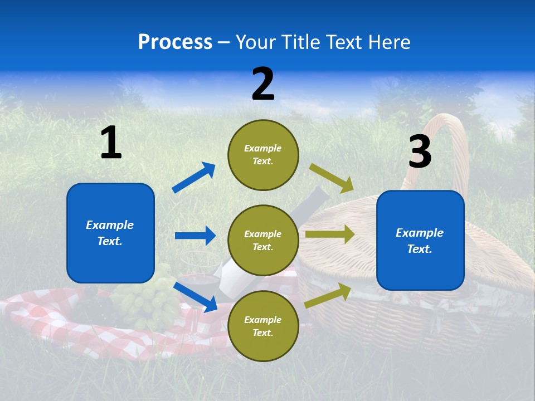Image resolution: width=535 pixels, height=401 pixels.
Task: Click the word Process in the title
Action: pos(175,42)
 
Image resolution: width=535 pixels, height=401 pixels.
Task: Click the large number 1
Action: pos(111,143)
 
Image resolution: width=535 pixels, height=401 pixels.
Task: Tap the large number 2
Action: pos(263,84)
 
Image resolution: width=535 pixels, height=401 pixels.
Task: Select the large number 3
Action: pos(420,152)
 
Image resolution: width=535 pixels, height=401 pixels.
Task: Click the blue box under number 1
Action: pos(110,233)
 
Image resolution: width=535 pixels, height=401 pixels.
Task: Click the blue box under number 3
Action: pos(420,241)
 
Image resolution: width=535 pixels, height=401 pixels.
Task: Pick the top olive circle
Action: pos(263,155)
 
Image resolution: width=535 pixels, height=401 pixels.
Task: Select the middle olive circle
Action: pos(263,240)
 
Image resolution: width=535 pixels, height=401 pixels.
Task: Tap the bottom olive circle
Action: pos(263,326)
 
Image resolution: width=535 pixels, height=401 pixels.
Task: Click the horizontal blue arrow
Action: pos(195,236)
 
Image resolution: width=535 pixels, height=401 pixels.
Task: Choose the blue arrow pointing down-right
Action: pos(195,297)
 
